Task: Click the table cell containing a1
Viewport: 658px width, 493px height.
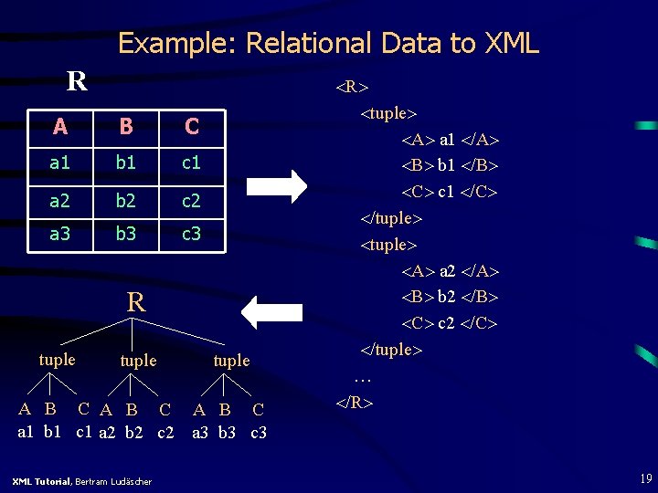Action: [x=60, y=163]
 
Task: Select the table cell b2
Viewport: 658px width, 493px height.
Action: [x=125, y=199]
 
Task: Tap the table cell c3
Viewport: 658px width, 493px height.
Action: [x=191, y=235]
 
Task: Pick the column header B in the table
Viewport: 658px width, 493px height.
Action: [x=125, y=127]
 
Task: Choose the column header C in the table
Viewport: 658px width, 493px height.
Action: [x=191, y=127]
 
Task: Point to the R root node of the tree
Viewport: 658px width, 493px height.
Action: [x=136, y=302]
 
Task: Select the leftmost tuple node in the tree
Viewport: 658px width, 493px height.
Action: [x=58, y=360]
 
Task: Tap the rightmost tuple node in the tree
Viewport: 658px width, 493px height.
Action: [x=231, y=361]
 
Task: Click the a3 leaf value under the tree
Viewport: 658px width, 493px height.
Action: [x=202, y=432]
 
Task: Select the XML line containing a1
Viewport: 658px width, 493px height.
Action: [x=450, y=140]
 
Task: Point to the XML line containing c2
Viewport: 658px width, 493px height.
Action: [x=450, y=323]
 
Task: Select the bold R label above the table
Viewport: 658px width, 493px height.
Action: [x=77, y=81]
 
